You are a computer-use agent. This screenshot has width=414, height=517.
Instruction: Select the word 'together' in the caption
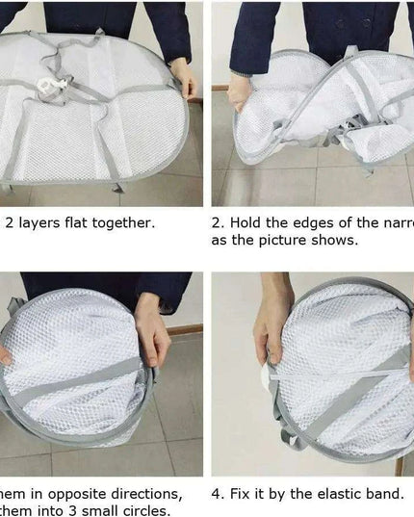(x=129, y=222)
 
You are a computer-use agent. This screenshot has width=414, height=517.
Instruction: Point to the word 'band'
(x=383, y=494)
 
